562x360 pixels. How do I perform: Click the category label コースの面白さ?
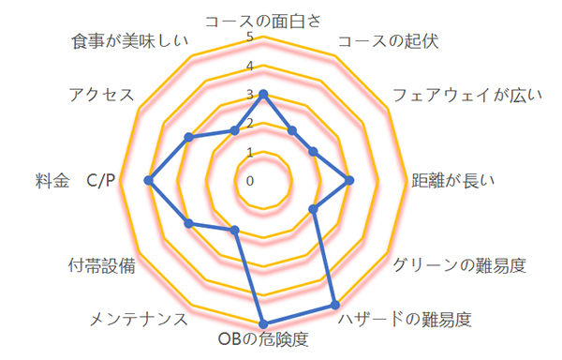(263, 22)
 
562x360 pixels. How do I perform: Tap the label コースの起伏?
(389, 41)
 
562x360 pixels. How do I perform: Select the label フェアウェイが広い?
(467, 96)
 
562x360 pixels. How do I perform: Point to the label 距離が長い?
(453, 180)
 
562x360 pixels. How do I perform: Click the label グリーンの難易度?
(460, 265)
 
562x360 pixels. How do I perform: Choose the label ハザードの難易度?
(405, 319)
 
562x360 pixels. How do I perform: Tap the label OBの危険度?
(263, 339)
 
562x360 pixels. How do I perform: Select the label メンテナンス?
(139, 319)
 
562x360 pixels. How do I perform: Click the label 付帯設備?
(102, 265)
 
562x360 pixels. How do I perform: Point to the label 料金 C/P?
(75, 180)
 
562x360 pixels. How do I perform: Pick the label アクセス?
(101, 96)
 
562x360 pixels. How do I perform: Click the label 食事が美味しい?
(130, 41)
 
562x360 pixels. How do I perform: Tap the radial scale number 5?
(250, 37)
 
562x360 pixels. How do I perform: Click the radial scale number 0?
(250, 181)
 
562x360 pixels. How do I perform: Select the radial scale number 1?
(250, 153)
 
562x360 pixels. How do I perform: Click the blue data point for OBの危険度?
(263, 323)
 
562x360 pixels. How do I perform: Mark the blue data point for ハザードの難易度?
(334, 305)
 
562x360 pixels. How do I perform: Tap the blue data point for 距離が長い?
(349, 180)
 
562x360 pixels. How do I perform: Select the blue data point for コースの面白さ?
(263, 95)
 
